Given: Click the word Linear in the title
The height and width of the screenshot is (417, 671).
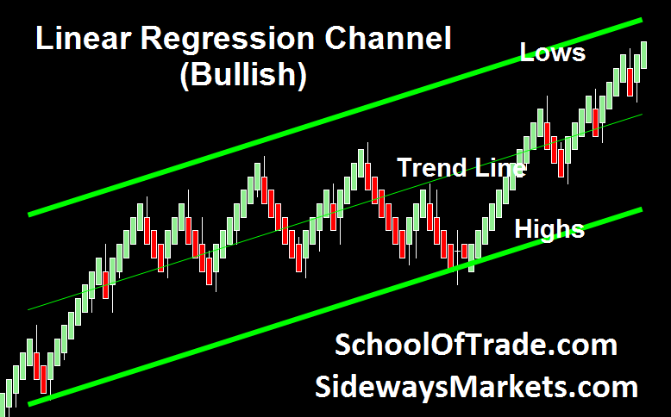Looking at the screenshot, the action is pyautogui.click(x=83, y=39).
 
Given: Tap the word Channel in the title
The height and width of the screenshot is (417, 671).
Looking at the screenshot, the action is pyautogui.click(x=388, y=39).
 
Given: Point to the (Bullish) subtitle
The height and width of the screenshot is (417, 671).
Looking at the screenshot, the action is pyautogui.click(x=243, y=75).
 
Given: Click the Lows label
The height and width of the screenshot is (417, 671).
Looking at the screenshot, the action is pyautogui.click(x=553, y=53).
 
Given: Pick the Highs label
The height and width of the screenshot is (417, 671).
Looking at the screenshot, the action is pyautogui.click(x=549, y=230).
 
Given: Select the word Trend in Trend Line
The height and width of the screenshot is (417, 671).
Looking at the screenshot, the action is pyautogui.click(x=432, y=167).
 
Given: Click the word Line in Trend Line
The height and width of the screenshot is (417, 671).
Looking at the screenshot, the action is pyautogui.click(x=500, y=167).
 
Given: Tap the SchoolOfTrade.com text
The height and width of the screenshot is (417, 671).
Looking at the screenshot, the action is pyautogui.click(x=476, y=345).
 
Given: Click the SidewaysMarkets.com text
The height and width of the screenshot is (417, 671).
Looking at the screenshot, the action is pyautogui.click(x=476, y=387).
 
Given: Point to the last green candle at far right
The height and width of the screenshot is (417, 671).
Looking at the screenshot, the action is pyautogui.click(x=643, y=55).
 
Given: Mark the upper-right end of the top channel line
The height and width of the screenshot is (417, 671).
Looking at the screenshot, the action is pyautogui.click(x=642, y=20).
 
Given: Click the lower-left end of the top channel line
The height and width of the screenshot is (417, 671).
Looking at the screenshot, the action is pyautogui.click(x=29, y=215).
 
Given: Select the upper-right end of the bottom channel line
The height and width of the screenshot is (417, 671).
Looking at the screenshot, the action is pyautogui.click(x=642, y=209).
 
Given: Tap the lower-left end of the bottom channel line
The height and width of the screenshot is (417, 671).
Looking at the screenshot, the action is pyautogui.click(x=29, y=403).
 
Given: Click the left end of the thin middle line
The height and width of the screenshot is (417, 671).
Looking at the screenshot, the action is pyautogui.click(x=28, y=309).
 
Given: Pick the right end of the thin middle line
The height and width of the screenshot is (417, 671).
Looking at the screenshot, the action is pyautogui.click(x=642, y=115).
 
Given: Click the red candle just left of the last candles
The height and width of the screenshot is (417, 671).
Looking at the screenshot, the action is pyautogui.click(x=630, y=82).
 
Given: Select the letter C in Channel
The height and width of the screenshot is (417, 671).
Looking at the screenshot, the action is pyautogui.click(x=336, y=39).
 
